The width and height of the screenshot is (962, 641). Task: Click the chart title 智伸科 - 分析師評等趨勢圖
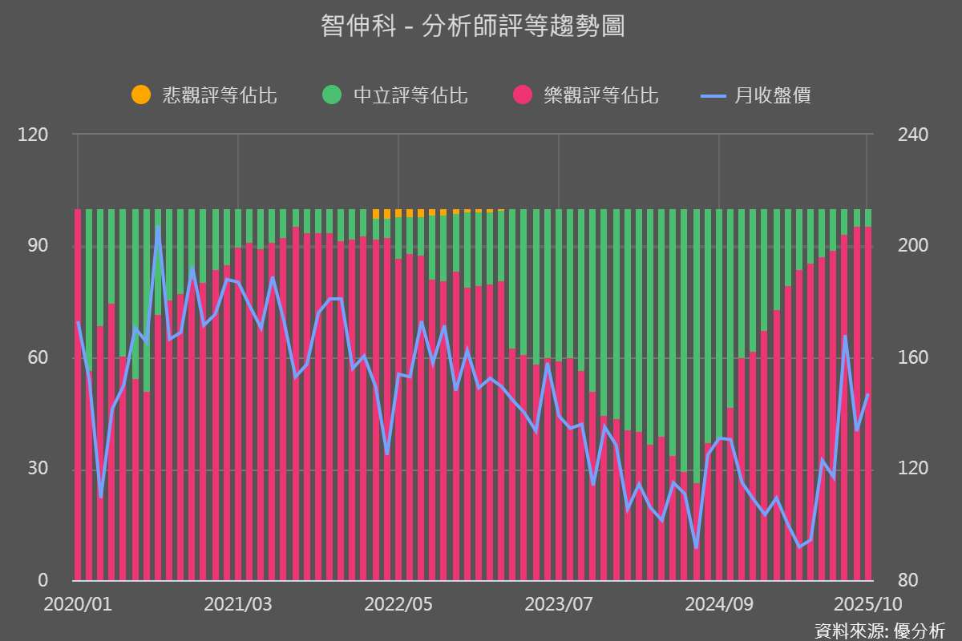[x=472, y=26]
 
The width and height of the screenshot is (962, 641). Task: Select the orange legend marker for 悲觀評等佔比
[x=141, y=95]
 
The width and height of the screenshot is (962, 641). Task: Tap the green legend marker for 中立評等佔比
[x=332, y=95]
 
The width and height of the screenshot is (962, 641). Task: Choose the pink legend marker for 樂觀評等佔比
[x=523, y=95]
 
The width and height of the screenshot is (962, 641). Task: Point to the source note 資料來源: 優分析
[x=879, y=630]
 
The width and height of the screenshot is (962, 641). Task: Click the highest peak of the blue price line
[x=158, y=228]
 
